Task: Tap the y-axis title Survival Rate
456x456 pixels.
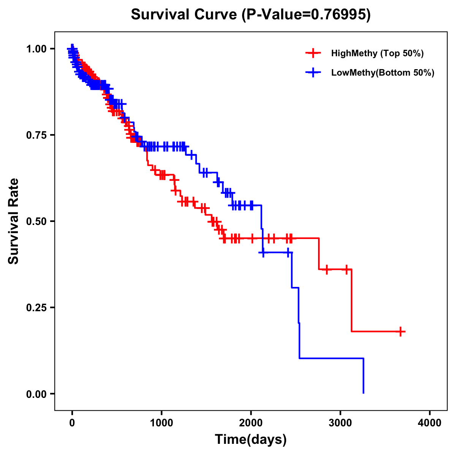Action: (x=14, y=221)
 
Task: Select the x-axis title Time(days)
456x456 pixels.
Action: (x=251, y=440)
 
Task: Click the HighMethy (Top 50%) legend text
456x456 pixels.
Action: (x=377, y=54)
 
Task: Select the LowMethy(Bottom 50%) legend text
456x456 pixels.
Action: (x=383, y=73)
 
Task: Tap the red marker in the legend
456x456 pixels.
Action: (x=313, y=53)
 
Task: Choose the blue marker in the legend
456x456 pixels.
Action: (x=313, y=72)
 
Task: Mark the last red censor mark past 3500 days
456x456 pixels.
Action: (x=401, y=331)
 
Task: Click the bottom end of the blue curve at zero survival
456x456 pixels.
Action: (x=364, y=393)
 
